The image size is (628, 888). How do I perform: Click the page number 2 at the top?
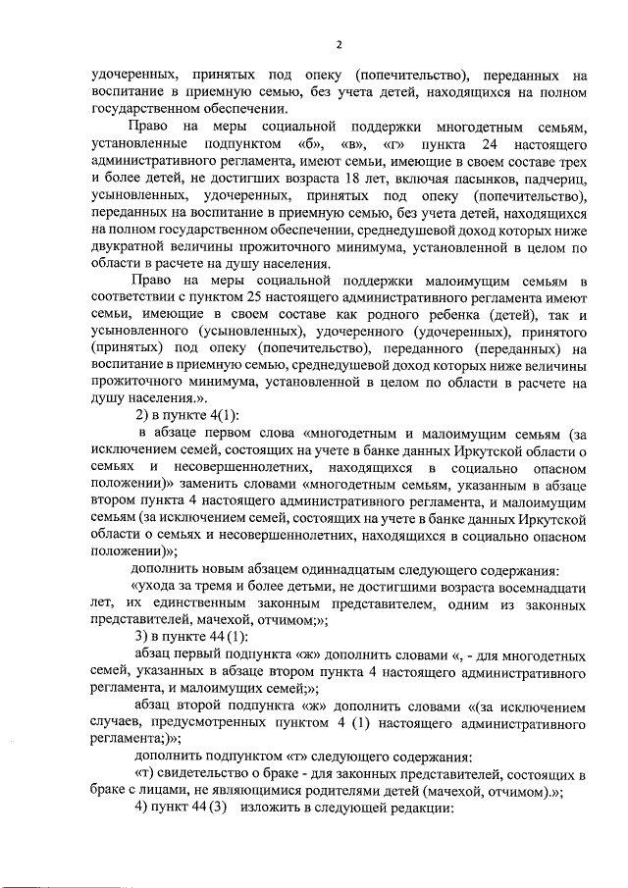coord(338,44)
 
